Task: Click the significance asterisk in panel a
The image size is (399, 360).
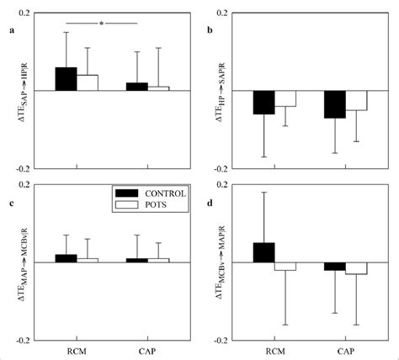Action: pyautogui.click(x=100, y=24)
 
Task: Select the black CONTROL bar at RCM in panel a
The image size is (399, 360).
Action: pyautogui.click(x=66, y=79)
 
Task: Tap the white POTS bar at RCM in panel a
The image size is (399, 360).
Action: pyautogui.click(x=88, y=82)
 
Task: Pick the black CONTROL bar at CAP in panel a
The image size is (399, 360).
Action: pyautogui.click(x=136, y=87)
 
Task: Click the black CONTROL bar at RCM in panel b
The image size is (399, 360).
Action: pyautogui.click(x=264, y=102)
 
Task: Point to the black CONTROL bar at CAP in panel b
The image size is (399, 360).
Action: pyautogui.click(x=335, y=104)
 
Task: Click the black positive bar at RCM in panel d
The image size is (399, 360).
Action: pyautogui.click(x=264, y=252)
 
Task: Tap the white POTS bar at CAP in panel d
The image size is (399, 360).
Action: pyautogui.click(x=356, y=267)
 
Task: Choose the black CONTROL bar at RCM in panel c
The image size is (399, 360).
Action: pyautogui.click(x=66, y=258)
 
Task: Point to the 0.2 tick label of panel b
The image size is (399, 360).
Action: pyautogui.click(x=222, y=14)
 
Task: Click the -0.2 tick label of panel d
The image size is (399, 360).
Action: pyautogui.click(x=221, y=341)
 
